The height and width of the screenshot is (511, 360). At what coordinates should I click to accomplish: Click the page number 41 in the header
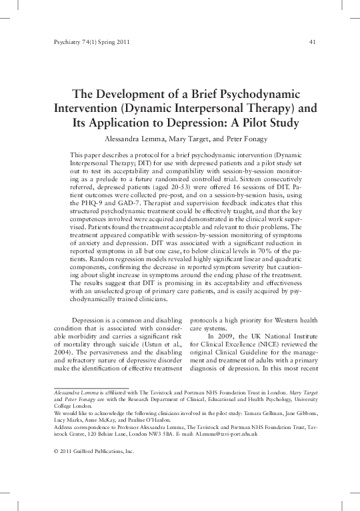coord(312,43)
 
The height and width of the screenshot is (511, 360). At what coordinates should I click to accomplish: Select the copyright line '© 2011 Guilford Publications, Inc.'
coord(93,451)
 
